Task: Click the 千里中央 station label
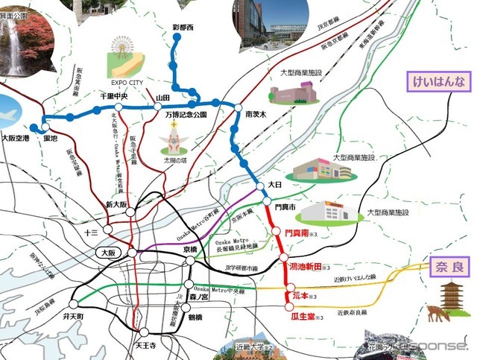click(x=115, y=97)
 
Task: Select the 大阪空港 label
click(x=15, y=138)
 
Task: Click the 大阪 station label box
click(x=107, y=253)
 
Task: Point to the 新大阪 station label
click(x=118, y=205)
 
